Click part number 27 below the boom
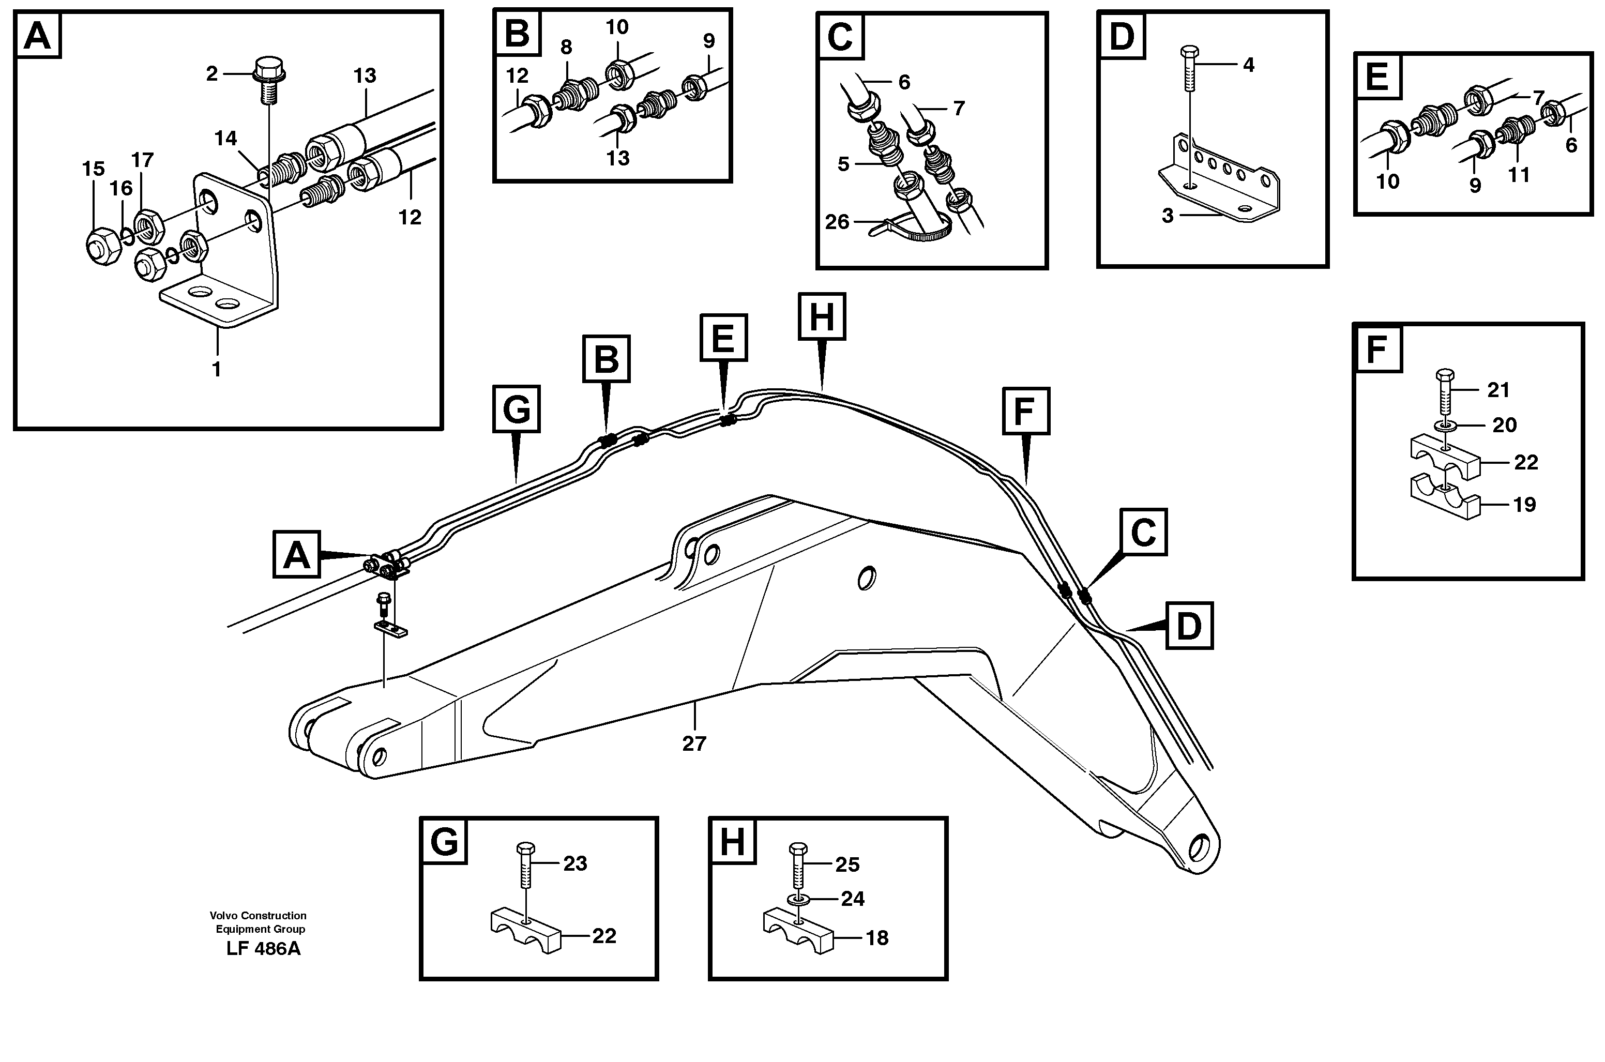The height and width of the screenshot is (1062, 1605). pyautogui.click(x=693, y=744)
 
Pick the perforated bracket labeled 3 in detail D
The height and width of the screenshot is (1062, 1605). pyautogui.click(x=1219, y=183)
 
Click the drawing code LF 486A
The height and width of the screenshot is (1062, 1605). pyautogui.click(x=263, y=948)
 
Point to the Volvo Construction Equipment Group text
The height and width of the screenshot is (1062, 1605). pyautogui.click(x=258, y=922)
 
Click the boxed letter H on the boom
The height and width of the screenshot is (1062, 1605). pyautogui.click(x=822, y=316)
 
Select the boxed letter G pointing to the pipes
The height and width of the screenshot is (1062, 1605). pyautogui.click(x=516, y=409)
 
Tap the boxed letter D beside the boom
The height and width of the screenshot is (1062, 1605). pyautogui.click(x=1189, y=625)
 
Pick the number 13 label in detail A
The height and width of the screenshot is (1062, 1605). pyautogui.click(x=365, y=76)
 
